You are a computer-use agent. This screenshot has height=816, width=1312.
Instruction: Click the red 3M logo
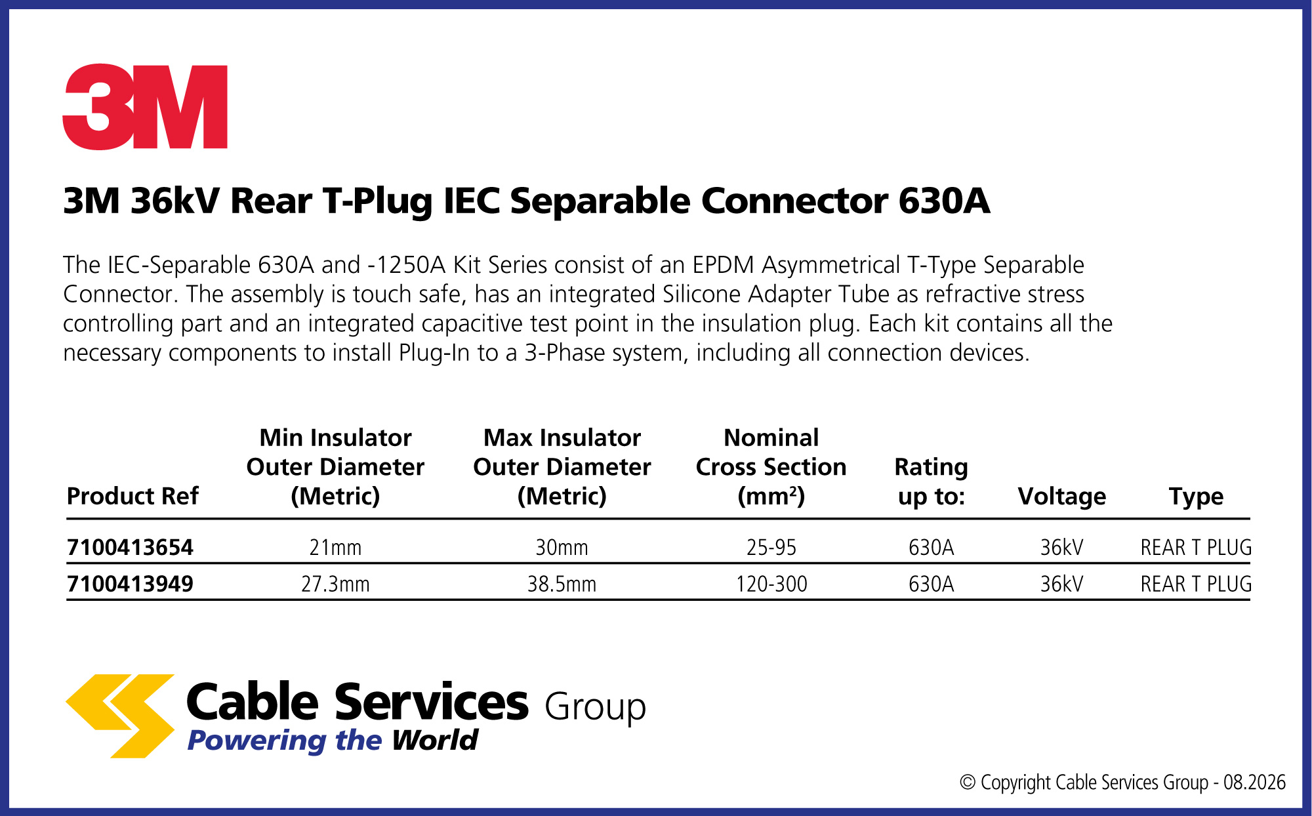[x=145, y=107]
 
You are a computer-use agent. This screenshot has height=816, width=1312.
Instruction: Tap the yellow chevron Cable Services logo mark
[x=120, y=716]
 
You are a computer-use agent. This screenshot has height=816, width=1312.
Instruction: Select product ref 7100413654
[x=130, y=547]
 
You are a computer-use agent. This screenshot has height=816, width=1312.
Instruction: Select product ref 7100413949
[x=130, y=584]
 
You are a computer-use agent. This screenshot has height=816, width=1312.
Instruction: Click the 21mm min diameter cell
[x=335, y=547]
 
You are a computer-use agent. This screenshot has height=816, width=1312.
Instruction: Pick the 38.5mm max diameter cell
[x=562, y=584]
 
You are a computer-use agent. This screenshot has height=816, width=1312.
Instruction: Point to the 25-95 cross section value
[x=771, y=547]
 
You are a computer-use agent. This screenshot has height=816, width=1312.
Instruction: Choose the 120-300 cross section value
[x=771, y=584]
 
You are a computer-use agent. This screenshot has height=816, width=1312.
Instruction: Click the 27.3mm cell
[x=335, y=584]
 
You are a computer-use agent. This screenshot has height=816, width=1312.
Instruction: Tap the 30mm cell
[x=562, y=547]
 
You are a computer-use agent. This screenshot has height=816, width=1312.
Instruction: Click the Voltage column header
[x=1061, y=497]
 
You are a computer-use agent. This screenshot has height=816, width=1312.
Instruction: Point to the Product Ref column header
[x=133, y=497]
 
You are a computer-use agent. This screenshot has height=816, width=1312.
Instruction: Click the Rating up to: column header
[x=931, y=482]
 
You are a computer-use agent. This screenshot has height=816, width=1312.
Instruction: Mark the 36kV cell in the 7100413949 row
[x=1061, y=584]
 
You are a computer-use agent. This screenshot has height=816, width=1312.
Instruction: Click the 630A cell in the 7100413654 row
[x=931, y=547]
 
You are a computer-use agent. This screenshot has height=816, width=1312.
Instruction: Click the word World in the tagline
[x=435, y=740]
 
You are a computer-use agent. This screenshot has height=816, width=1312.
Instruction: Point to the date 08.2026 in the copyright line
[x=1254, y=783]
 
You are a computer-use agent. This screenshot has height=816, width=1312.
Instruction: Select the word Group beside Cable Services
[x=595, y=708]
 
